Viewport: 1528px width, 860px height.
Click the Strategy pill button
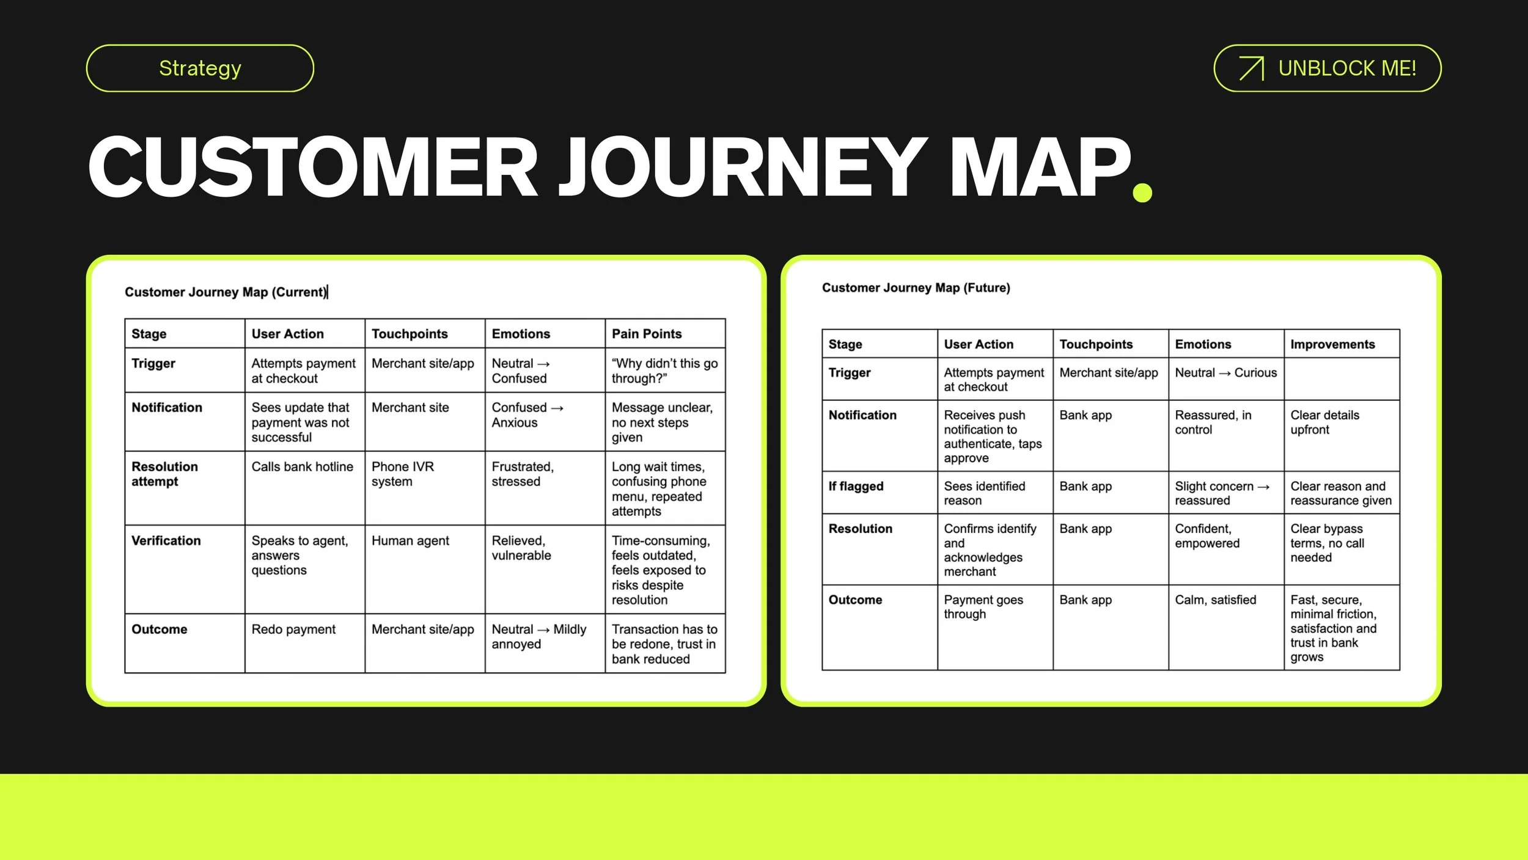[200, 68]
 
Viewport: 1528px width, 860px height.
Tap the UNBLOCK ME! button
[1328, 68]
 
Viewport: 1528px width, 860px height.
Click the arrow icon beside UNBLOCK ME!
[1251, 68]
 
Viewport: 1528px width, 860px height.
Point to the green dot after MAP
[1142, 192]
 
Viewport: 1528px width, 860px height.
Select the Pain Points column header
[647, 334]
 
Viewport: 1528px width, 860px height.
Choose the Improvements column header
[1332, 344]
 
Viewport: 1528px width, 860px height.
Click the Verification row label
[166, 540]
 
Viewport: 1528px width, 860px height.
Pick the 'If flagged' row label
[856, 486]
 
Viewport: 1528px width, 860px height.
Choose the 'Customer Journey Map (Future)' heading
[916, 288]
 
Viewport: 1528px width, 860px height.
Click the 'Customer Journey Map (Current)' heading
[226, 292]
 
